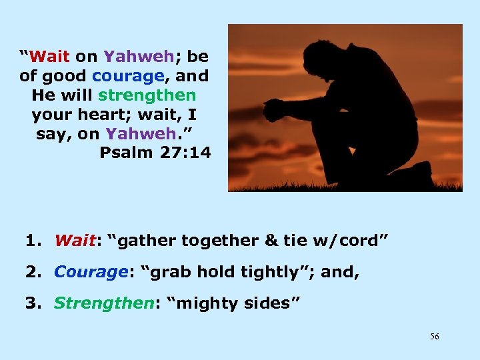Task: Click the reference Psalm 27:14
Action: (155, 153)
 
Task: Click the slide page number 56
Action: (434, 337)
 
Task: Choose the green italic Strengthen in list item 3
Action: (102, 303)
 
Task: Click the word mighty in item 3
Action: (214, 304)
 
